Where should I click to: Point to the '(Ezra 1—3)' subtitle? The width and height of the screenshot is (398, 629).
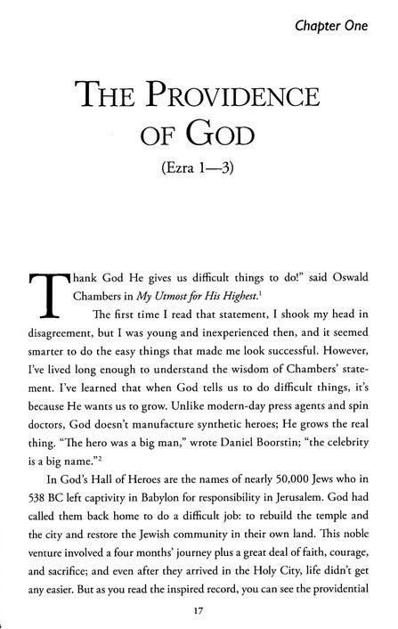pyautogui.click(x=199, y=169)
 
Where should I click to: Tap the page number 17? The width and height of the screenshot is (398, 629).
pyautogui.click(x=199, y=609)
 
